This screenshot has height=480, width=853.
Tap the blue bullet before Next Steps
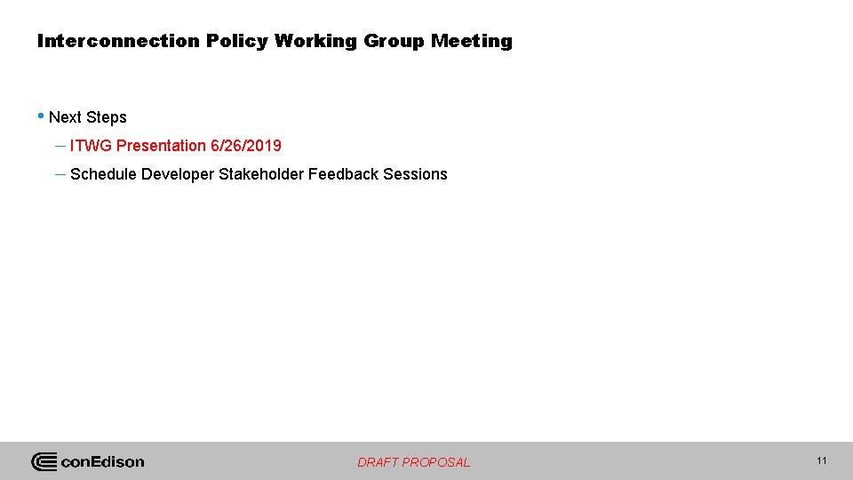(41, 116)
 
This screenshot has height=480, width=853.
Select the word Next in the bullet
(66, 117)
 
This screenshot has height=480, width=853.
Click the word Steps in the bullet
(107, 117)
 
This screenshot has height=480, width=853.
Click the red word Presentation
(162, 146)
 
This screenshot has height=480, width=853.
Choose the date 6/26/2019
(246, 146)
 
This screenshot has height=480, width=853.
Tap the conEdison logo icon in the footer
(44, 461)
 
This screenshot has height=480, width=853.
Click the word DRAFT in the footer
(379, 462)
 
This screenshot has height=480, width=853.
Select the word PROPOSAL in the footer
(436, 462)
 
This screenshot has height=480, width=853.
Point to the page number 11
(821, 460)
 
